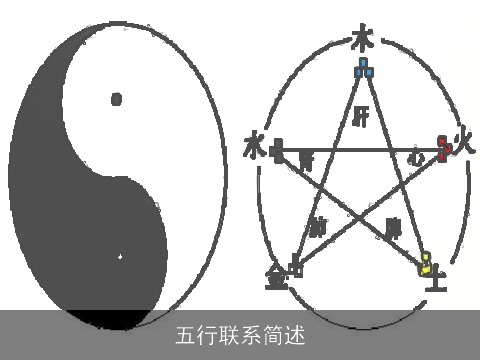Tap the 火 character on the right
462,140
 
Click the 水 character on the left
254,147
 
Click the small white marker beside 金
295,266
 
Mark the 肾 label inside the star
305,160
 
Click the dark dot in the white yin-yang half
116,98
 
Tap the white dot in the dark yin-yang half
119,257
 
